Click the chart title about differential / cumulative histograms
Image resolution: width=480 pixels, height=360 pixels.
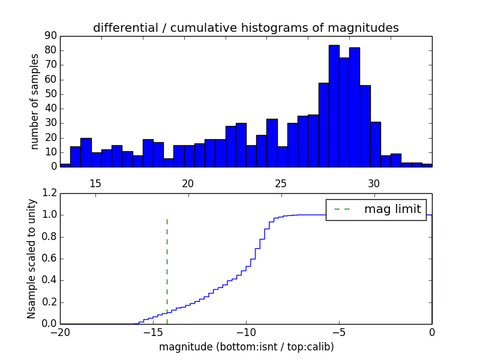pyautogui.click(x=245, y=28)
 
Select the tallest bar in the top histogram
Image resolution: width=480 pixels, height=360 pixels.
pyautogui.click(x=334, y=106)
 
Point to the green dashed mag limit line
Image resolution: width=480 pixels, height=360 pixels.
pyautogui.click(x=167, y=270)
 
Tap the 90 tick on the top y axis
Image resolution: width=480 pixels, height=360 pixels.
pyautogui.click(x=50, y=36)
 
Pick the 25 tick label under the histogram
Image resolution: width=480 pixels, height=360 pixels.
pyautogui.click(x=281, y=183)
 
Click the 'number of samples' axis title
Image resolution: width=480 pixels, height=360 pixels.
pyautogui.click(x=35, y=101)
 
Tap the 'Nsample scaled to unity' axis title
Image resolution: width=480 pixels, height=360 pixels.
pyautogui.click(x=31, y=259)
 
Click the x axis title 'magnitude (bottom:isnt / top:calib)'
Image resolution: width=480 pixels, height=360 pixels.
pyautogui.click(x=246, y=347)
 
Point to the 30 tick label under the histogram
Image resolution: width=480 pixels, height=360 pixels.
pyautogui.click(x=374, y=183)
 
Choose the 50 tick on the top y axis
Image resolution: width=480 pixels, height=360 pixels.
pyautogui.click(x=50, y=94)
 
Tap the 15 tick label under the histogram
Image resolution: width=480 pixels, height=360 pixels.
pyautogui.click(x=95, y=183)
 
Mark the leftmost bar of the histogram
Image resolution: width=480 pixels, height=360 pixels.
pyautogui.click(x=65, y=164)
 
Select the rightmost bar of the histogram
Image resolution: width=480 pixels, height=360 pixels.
pyautogui.click(x=427, y=164)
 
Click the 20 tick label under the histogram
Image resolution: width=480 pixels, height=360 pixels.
pyautogui.click(x=188, y=183)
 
